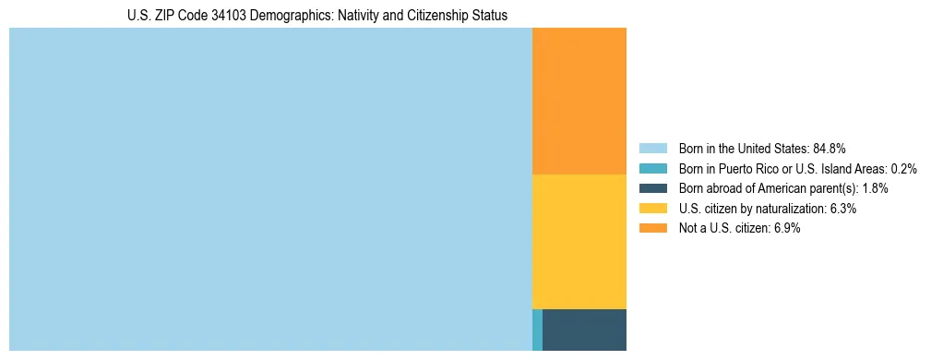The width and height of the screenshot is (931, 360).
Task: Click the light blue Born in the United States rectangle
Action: pos(270,189)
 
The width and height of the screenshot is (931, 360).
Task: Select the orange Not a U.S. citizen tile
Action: pos(579,101)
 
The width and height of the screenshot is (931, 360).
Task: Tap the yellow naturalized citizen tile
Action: pos(579,241)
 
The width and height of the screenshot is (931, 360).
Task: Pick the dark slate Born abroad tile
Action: pos(584,330)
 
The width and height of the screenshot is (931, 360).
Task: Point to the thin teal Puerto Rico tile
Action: pos(537,330)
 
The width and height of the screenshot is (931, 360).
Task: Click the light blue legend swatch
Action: pos(652,148)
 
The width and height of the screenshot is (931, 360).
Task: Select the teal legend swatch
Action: pos(652,168)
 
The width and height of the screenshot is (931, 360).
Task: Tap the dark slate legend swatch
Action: pos(652,188)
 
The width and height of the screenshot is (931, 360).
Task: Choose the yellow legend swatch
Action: pos(652,209)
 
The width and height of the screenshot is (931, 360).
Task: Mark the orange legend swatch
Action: pos(652,229)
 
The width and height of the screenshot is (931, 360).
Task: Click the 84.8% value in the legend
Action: pos(830,148)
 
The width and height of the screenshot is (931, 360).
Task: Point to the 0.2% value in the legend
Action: pos(904,168)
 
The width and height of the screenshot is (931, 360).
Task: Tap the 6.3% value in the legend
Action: pos(843,209)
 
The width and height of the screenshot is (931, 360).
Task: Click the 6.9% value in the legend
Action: pos(787,229)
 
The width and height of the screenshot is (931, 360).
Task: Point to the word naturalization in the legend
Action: pos(793,209)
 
